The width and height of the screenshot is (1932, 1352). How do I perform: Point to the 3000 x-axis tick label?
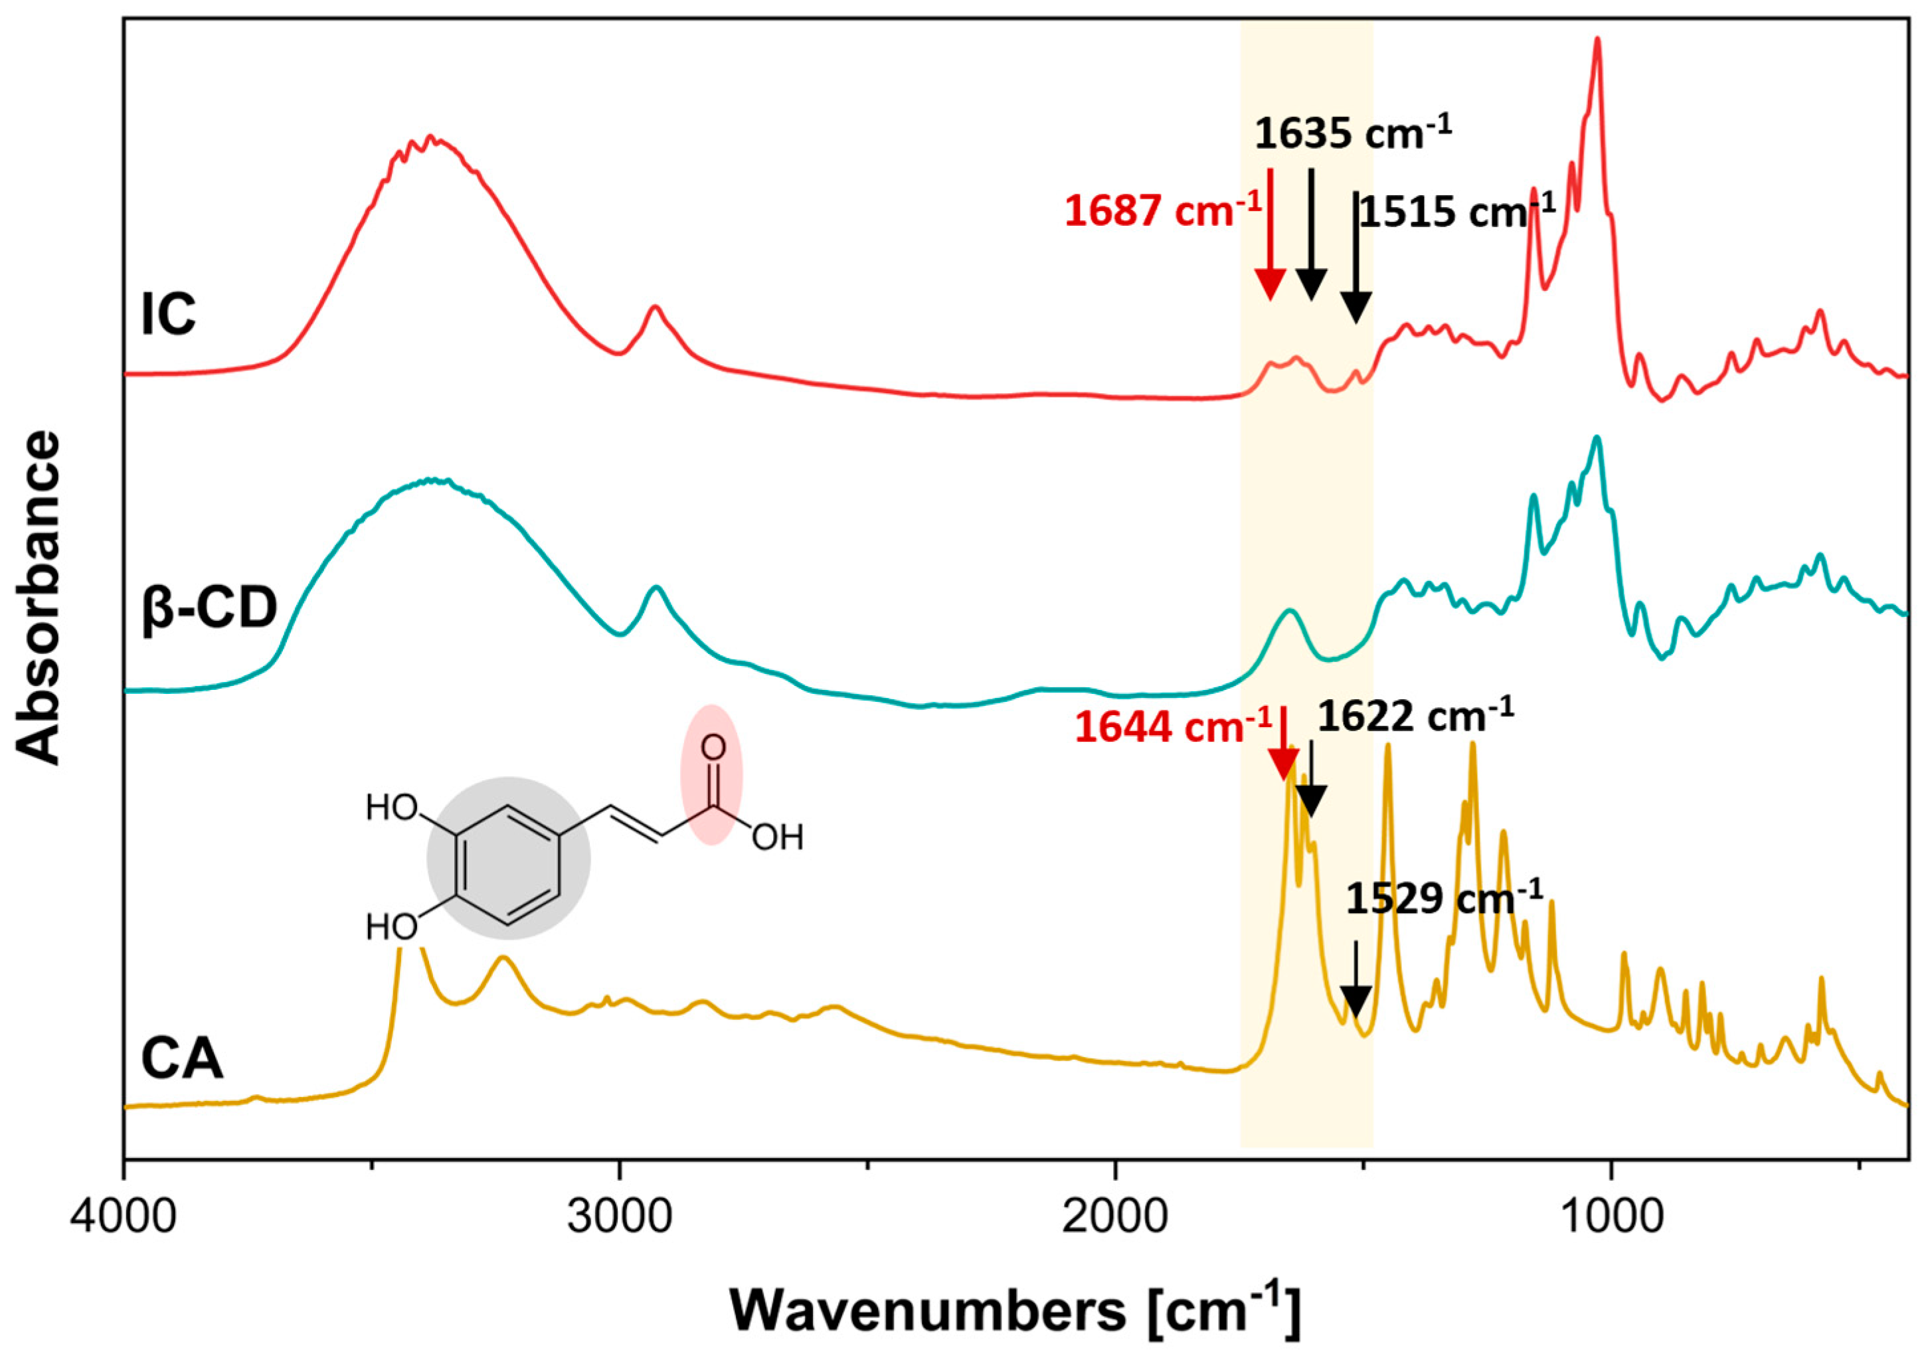click(620, 1219)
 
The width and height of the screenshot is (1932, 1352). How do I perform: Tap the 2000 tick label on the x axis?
click(1115, 1219)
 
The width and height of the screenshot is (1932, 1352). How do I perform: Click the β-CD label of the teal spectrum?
click(209, 608)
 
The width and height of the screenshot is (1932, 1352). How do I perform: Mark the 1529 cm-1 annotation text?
click(1444, 898)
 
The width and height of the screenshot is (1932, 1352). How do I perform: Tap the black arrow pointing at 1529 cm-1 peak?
click(1356, 984)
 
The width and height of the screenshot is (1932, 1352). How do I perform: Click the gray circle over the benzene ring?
click(508, 857)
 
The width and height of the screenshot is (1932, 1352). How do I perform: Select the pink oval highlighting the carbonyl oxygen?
click(712, 775)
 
